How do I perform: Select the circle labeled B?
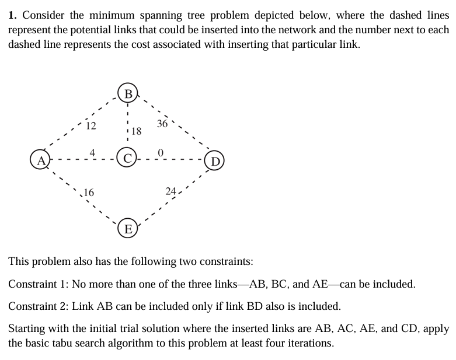127,94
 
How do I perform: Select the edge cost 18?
136,131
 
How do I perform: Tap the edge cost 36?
162,124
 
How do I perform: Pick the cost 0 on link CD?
163,153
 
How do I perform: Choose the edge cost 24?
170,191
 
